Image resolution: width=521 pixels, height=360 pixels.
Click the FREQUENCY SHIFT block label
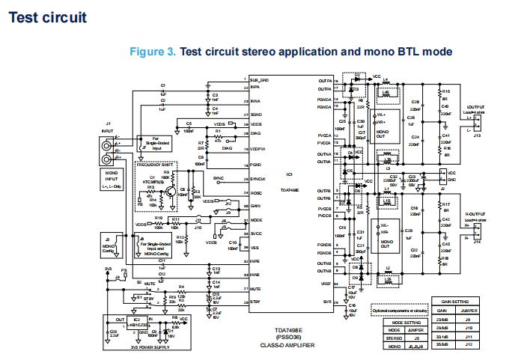click(x=156, y=163)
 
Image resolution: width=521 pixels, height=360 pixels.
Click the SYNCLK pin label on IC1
click(x=259, y=180)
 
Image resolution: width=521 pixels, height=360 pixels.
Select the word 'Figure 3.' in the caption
click(x=153, y=52)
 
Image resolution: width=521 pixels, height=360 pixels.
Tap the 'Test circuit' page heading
click(x=47, y=16)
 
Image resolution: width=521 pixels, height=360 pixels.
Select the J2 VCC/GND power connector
click(x=442, y=177)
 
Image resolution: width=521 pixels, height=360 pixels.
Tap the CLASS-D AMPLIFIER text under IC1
click(x=287, y=345)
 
